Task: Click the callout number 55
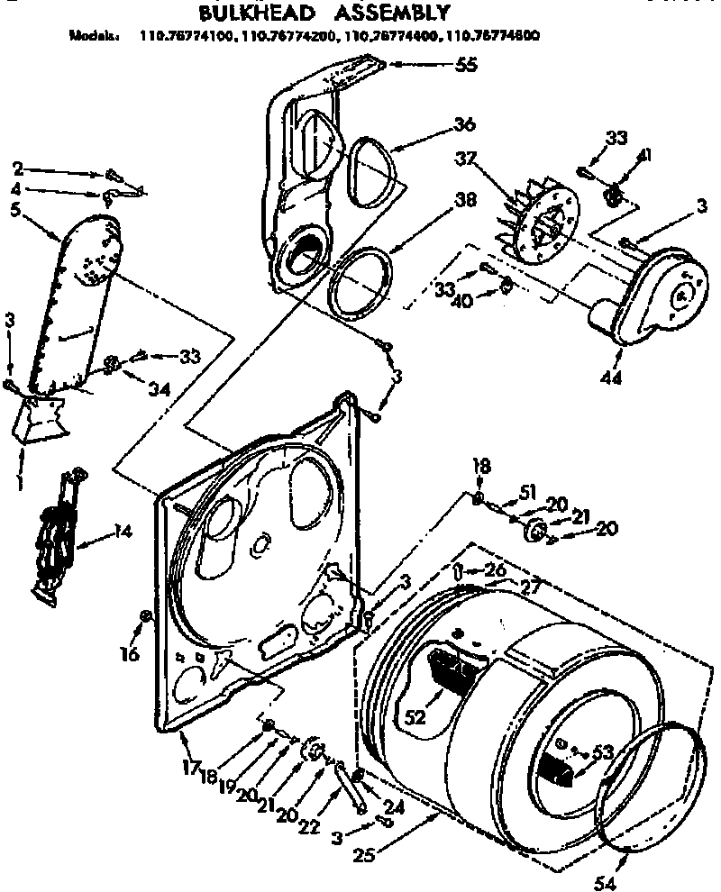point(467,64)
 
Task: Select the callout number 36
point(465,123)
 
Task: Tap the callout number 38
point(465,202)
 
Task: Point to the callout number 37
point(489,159)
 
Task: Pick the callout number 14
point(122,532)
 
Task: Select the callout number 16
point(130,655)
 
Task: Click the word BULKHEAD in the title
point(246,14)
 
